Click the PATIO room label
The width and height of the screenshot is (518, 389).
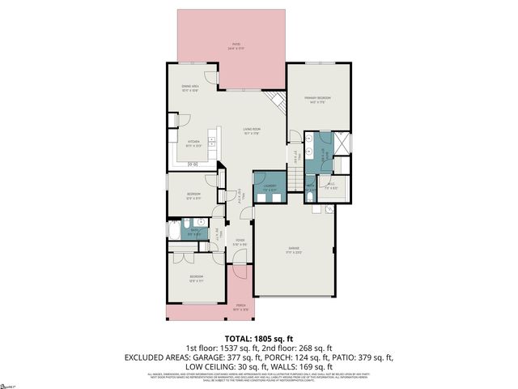[x=236, y=46]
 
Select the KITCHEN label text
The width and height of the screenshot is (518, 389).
[x=193, y=143]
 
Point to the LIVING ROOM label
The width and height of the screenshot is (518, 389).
[x=252, y=130]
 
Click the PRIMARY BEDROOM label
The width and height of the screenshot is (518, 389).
[x=318, y=99]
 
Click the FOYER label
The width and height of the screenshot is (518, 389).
[x=240, y=242]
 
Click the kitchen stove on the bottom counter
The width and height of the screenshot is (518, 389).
[x=193, y=165]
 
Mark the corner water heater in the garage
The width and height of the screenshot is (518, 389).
[x=329, y=209]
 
